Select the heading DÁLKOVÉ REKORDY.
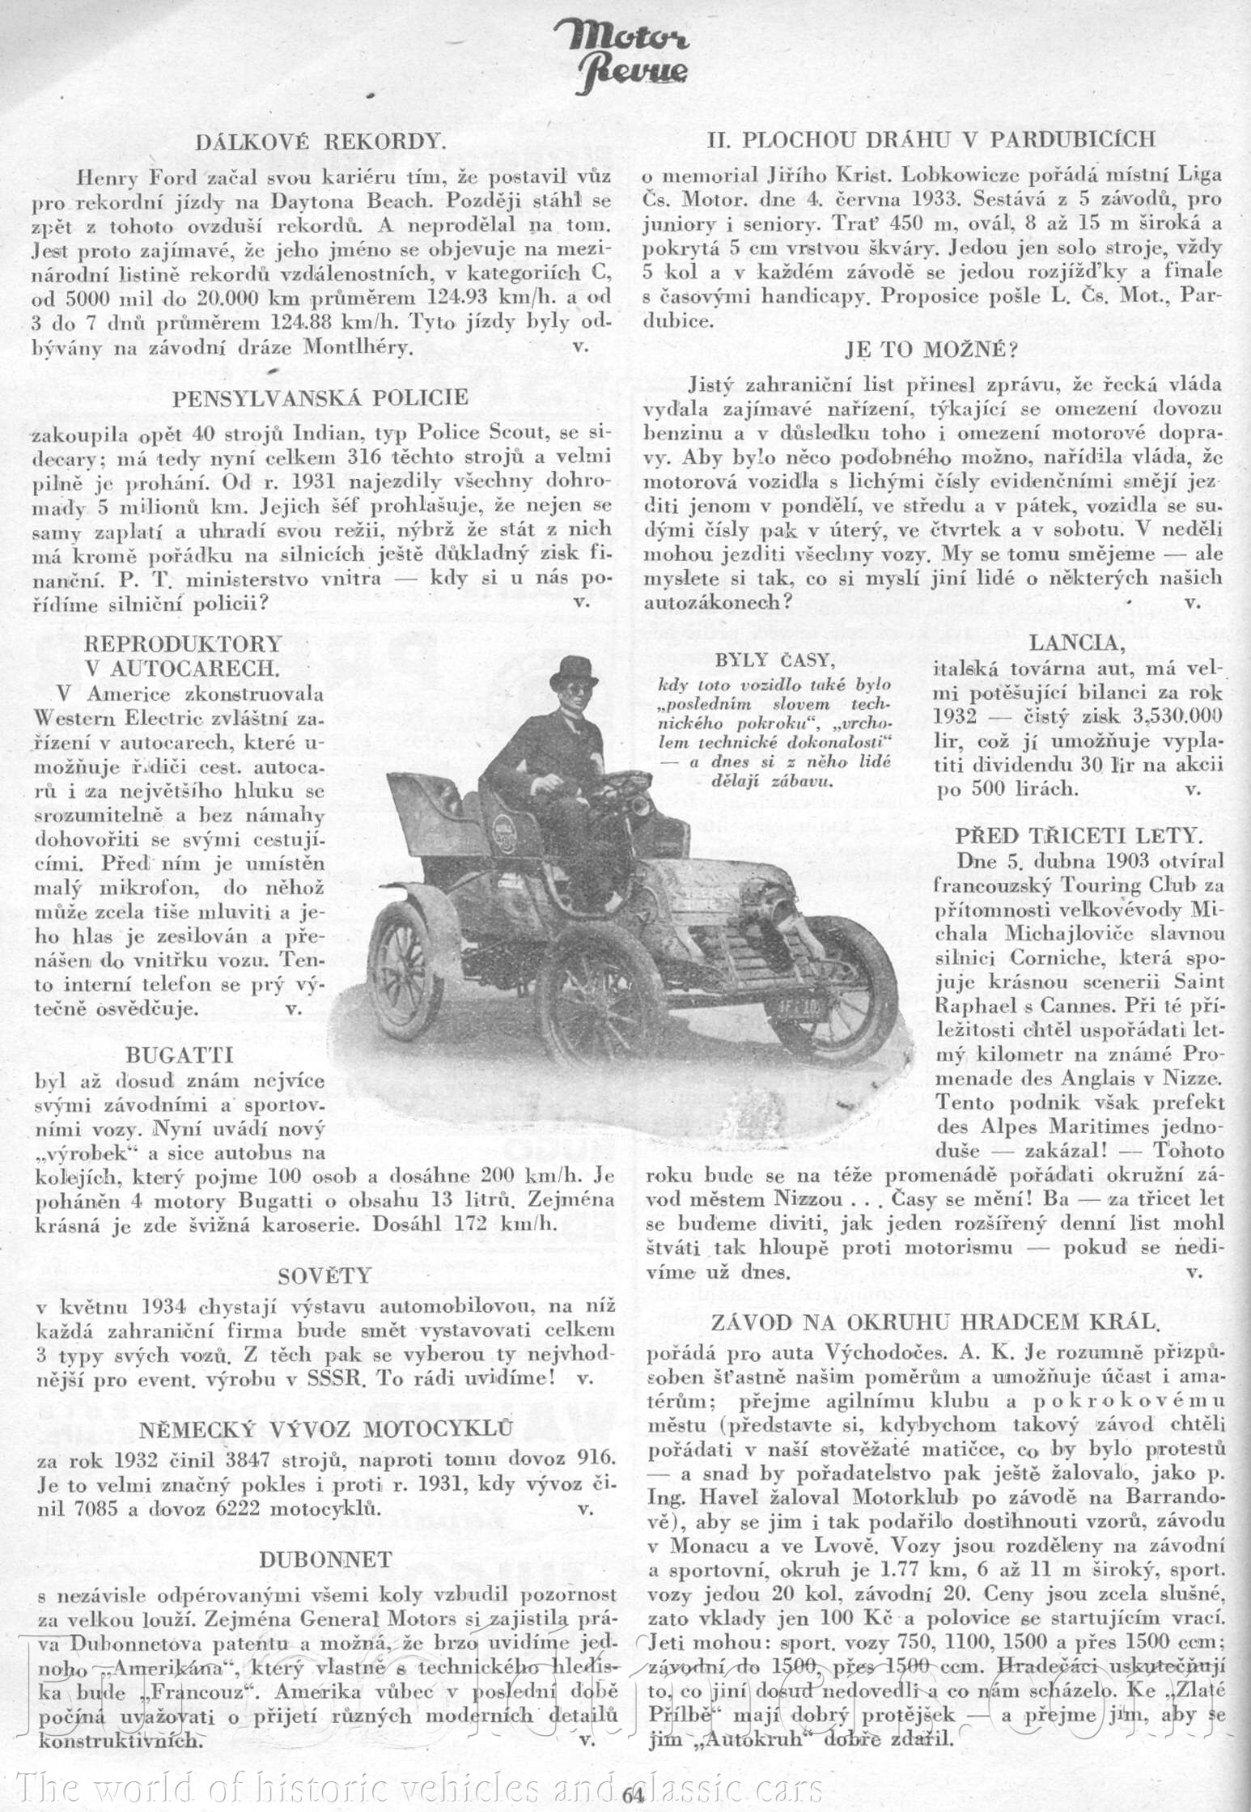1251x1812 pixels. [320, 141]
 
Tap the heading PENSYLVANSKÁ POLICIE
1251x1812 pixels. [320, 397]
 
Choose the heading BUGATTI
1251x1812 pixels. [180, 1055]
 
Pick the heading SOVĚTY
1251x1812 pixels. [324, 1276]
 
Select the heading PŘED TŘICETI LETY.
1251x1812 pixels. [1079, 835]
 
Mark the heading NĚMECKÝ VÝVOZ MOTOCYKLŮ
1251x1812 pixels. [325, 1430]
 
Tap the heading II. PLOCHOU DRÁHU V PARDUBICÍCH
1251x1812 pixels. [931, 140]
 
